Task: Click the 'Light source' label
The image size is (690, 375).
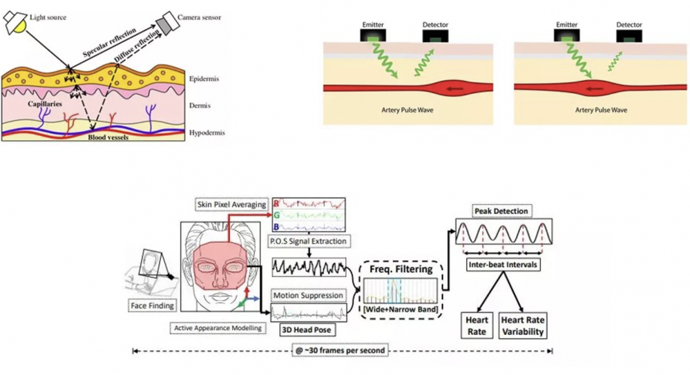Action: [48, 17]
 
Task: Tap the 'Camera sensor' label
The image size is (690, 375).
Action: [200, 17]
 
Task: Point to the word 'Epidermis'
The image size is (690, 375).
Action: [204, 79]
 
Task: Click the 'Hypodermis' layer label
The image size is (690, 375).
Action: [207, 133]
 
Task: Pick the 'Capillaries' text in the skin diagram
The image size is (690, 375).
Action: [45, 104]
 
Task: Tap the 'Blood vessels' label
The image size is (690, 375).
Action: [109, 137]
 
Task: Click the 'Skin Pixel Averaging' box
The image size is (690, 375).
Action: [231, 204]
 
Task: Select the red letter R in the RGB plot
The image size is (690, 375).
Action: [277, 204]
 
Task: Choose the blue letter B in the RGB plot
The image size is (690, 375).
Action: [277, 227]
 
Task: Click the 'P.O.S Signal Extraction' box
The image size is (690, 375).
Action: [308, 241]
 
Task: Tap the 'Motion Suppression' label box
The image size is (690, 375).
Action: [308, 295]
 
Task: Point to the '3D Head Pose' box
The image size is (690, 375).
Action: [306, 330]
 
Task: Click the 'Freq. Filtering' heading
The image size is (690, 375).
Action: [401, 269]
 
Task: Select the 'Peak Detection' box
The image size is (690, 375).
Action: [501, 211]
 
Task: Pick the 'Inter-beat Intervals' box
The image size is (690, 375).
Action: [503, 264]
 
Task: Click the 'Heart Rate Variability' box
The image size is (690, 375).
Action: [523, 326]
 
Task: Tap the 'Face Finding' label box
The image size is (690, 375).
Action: [152, 305]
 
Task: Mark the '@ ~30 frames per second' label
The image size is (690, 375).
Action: [340, 350]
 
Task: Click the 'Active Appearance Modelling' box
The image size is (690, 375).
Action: [218, 328]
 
